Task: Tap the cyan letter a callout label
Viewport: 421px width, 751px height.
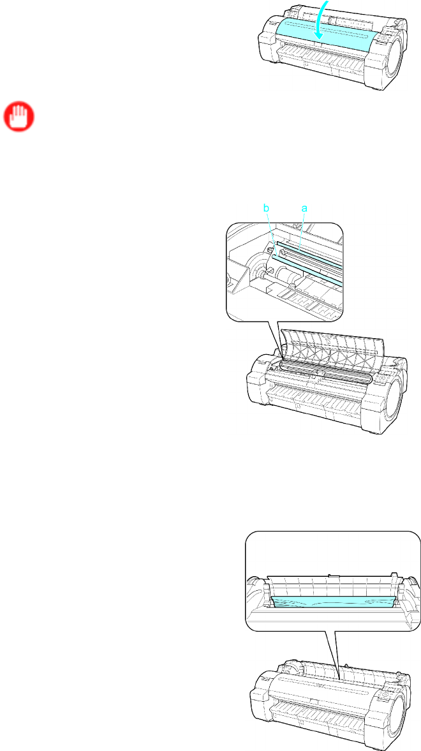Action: pos(304,209)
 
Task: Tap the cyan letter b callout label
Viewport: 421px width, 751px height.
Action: pos(267,207)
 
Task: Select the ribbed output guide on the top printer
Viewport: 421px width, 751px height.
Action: pos(330,61)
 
